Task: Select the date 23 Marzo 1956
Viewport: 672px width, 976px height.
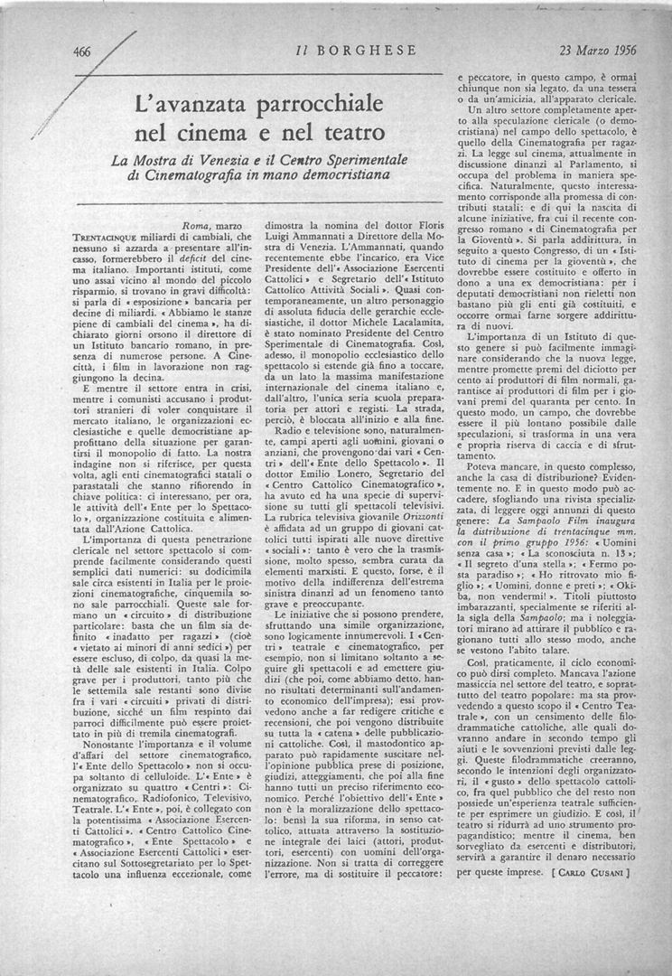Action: (x=597, y=51)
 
